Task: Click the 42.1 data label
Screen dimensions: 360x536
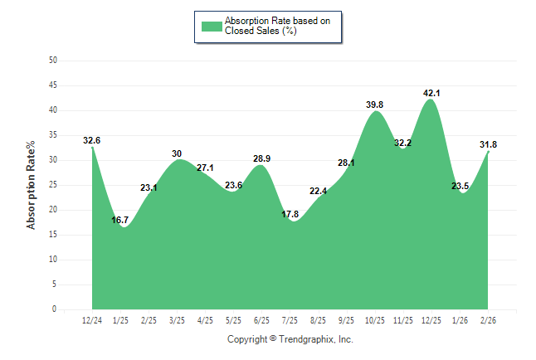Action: [431, 93]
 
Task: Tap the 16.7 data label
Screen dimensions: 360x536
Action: [119, 220]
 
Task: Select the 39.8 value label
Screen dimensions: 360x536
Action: [374, 105]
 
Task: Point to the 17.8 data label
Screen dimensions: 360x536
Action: [290, 214]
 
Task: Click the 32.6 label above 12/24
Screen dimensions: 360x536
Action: [91, 140]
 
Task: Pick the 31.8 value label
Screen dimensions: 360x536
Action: [488, 144]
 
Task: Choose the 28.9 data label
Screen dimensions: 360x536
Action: [261, 158]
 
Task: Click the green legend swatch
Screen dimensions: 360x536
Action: [212, 26]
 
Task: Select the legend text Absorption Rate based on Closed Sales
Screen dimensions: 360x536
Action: [271, 26]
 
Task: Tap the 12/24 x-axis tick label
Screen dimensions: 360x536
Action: [92, 320]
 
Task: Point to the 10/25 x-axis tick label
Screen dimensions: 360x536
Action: [375, 320]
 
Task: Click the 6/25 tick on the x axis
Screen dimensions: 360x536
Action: [261, 320]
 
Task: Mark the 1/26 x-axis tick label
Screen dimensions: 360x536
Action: [460, 320]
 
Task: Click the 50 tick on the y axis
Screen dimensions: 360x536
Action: [53, 61]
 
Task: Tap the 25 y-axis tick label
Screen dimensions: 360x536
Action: [53, 185]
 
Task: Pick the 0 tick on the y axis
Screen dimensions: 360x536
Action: [55, 309]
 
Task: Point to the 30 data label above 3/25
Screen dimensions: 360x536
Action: [177, 153]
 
